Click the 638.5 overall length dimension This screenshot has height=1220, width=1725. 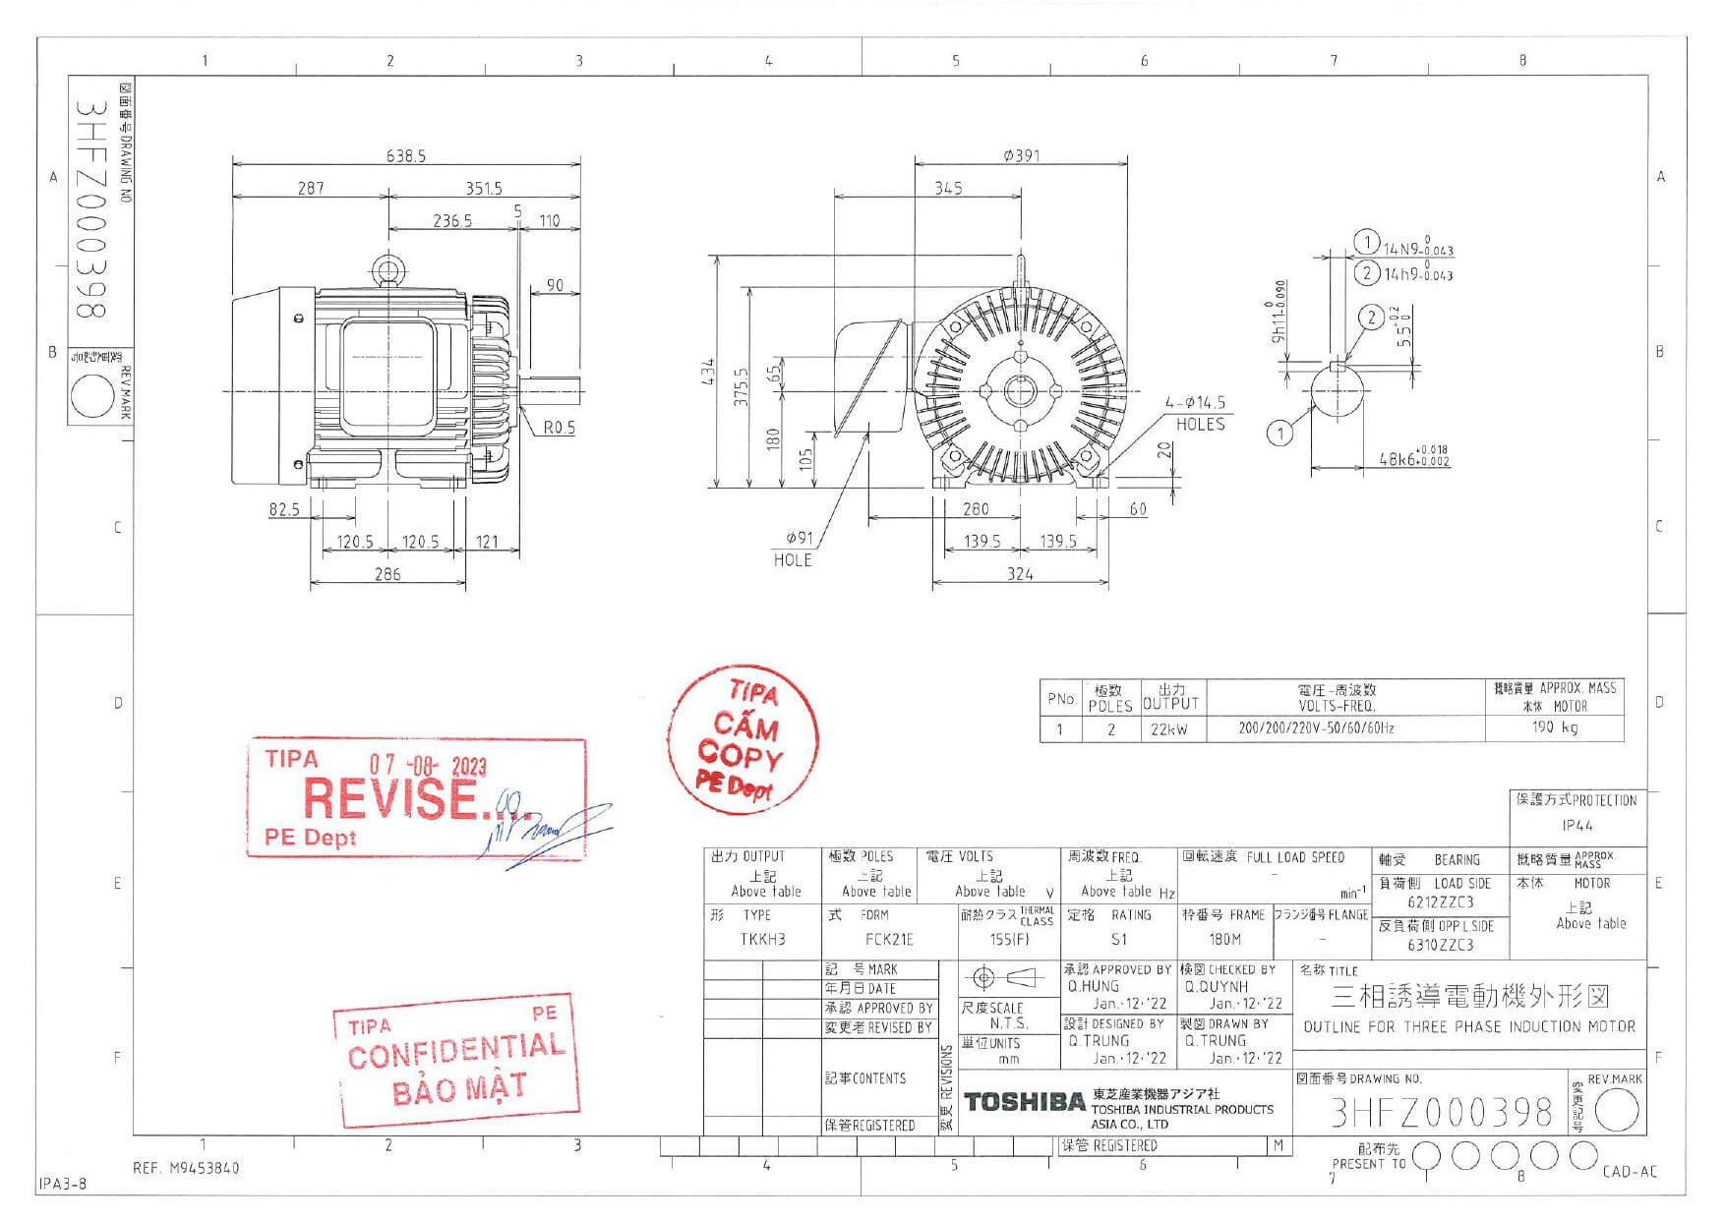tap(405, 155)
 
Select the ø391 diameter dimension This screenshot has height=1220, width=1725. tap(1021, 155)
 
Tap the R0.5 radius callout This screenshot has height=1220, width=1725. tap(559, 428)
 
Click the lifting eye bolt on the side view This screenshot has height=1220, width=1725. tap(387, 269)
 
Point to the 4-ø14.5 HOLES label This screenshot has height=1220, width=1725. tap(1197, 413)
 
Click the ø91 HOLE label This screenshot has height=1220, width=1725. tap(794, 549)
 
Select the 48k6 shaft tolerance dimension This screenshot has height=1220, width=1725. tap(1413, 458)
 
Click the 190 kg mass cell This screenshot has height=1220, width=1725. tap(1554, 727)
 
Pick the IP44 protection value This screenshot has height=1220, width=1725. tap(1576, 826)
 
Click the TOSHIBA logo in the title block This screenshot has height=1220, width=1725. tap(1024, 1102)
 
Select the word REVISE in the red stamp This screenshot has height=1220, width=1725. tap(390, 798)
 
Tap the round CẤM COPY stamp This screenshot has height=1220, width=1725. tap(742, 739)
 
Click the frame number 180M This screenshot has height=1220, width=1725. tap(1224, 939)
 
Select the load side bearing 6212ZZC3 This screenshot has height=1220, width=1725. tap(1440, 902)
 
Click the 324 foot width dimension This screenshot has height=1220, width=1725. tap(1020, 573)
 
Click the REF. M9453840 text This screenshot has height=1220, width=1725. tap(186, 1168)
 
